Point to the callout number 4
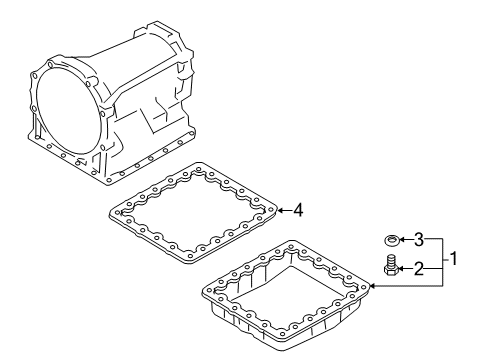(x=297, y=209)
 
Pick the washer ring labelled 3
(x=389, y=240)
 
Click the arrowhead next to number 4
(x=281, y=209)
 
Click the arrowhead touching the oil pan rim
(x=372, y=286)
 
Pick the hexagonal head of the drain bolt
(x=389, y=262)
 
